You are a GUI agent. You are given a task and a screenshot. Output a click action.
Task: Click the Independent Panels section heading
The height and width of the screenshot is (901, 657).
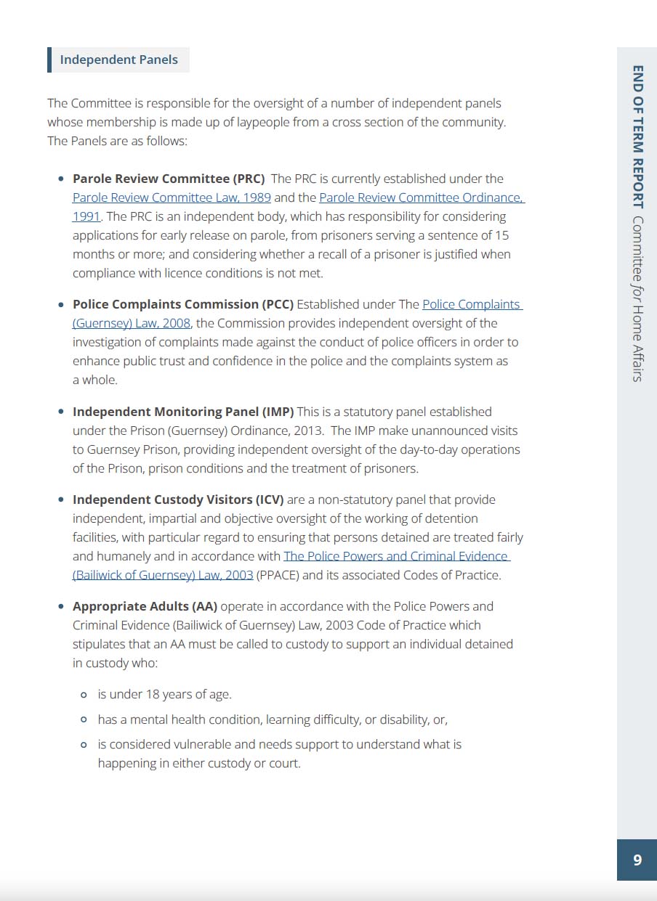(118, 60)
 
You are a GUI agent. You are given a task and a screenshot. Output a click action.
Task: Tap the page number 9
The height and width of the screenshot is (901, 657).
(637, 860)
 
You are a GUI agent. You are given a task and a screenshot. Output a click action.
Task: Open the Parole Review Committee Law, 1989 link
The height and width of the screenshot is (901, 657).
(172, 197)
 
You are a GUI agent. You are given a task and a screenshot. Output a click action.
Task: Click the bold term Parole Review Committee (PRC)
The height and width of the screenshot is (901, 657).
(169, 179)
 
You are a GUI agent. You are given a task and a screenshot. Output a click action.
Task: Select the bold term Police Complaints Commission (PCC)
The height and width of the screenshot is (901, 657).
(183, 304)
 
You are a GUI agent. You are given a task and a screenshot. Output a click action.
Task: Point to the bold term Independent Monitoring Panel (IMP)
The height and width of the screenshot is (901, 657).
(183, 412)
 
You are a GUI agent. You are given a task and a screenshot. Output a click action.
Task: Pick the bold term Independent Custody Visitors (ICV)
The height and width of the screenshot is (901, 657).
(178, 500)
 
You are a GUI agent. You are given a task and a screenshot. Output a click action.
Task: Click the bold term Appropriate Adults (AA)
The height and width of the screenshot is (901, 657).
(145, 606)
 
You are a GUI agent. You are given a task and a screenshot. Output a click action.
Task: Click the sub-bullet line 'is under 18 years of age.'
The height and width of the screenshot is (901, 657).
(164, 694)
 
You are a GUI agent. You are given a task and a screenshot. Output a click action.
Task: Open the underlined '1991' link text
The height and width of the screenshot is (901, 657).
(86, 216)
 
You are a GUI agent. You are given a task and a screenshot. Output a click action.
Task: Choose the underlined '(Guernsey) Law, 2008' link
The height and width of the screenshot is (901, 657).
(132, 323)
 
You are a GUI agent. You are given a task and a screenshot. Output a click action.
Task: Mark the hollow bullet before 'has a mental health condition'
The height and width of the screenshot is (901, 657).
(84, 719)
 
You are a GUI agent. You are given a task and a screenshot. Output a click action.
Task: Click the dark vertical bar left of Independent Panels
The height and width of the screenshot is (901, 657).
(49, 60)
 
